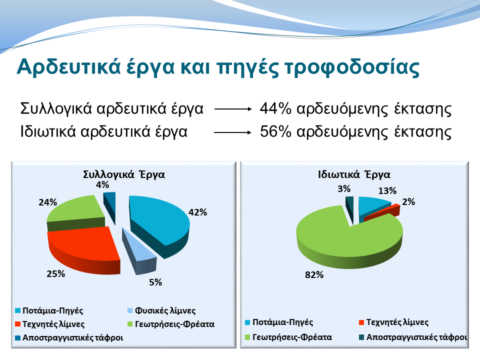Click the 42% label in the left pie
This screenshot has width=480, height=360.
point(197,212)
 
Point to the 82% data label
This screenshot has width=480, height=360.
point(314,275)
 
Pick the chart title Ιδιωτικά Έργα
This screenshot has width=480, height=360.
point(354,174)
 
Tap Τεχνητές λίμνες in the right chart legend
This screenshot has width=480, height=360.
point(397,322)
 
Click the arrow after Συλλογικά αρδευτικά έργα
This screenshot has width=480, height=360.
point(232,108)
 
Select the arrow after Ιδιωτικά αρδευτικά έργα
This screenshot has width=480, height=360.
point(232,132)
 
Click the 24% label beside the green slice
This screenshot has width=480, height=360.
point(47,203)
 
